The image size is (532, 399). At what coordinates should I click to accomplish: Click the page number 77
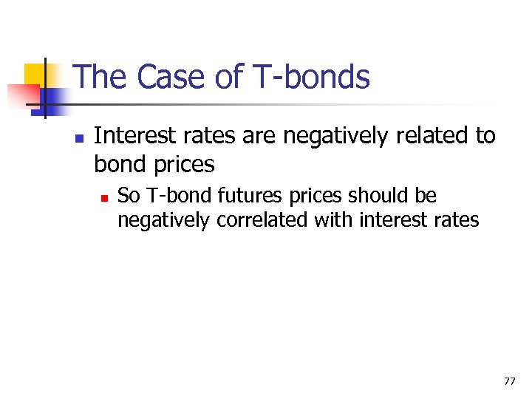pos(509,381)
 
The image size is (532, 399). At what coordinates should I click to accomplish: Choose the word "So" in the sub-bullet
pos(128,196)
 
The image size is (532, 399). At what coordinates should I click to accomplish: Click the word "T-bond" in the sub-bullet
pos(168,196)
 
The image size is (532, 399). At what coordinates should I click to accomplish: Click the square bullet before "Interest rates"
pos(78,137)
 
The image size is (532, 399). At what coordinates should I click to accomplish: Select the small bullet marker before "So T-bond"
pos(104,197)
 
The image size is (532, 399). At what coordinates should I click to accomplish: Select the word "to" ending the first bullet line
pos(485,136)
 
